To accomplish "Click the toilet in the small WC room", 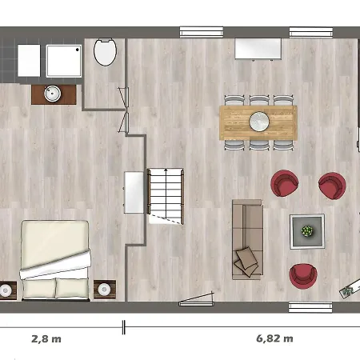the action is point(105,52).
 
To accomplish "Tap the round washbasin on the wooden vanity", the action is point(52,94).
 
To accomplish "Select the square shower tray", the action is point(64,61).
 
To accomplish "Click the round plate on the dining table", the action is point(259,122).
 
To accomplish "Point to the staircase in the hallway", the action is point(166,196).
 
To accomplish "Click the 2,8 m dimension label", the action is point(46,339).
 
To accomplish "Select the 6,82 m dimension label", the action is point(274,338).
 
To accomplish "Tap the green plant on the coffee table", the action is point(307,231).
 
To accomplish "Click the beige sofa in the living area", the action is point(247,239).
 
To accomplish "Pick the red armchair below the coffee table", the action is point(303,276).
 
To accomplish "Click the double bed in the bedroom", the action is point(55,260).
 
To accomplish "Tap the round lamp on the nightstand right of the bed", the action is point(104,289).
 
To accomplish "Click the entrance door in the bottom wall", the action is point(197,299).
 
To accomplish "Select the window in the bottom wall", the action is point(310,307).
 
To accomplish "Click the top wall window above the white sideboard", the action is point(311,32).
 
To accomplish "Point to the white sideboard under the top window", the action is point(258,49).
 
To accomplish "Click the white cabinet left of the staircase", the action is point(134,192).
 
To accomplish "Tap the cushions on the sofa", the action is point(246,262).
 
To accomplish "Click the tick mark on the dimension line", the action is point(123,327).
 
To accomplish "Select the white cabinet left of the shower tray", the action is point(29,61).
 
